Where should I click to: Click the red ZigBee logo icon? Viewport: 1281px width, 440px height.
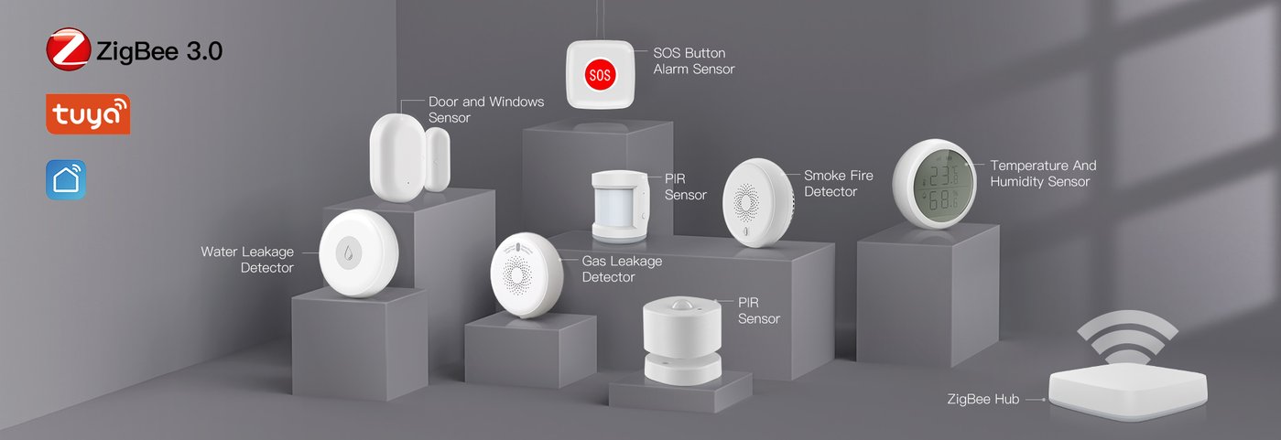click(x=69, y=49)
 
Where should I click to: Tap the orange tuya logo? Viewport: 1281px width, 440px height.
click(x=88, y=114)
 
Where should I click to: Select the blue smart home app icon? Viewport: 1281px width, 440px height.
click(x=66, y=180)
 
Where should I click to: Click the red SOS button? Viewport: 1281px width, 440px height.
click(x=600, y=75)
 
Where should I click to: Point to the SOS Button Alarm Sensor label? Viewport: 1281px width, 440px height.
click(x=694, y=60)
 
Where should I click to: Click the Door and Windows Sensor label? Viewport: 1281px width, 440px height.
click(x=486, y=109)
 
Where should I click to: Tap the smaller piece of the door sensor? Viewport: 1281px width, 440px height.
click(x=438, y=159)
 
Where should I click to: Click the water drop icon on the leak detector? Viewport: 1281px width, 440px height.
click(x=348, y=252)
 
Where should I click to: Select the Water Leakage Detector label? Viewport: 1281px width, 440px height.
click(x=247, y=260)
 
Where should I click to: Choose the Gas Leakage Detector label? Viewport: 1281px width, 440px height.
click(x=622, y=269)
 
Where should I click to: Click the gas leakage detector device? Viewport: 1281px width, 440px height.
click(x=527, y=274)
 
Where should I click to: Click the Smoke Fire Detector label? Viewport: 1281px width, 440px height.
click(x=839, y=183)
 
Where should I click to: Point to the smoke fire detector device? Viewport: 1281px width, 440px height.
click(x=758, y=202)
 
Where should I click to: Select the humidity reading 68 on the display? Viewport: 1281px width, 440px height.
click(x=940, y=200)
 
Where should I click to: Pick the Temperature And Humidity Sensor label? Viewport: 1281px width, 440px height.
click(x=1043, y=173)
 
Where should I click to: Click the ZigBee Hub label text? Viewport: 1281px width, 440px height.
click(x=983, y=399)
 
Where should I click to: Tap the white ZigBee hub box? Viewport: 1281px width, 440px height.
click(x=1128, y=391)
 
